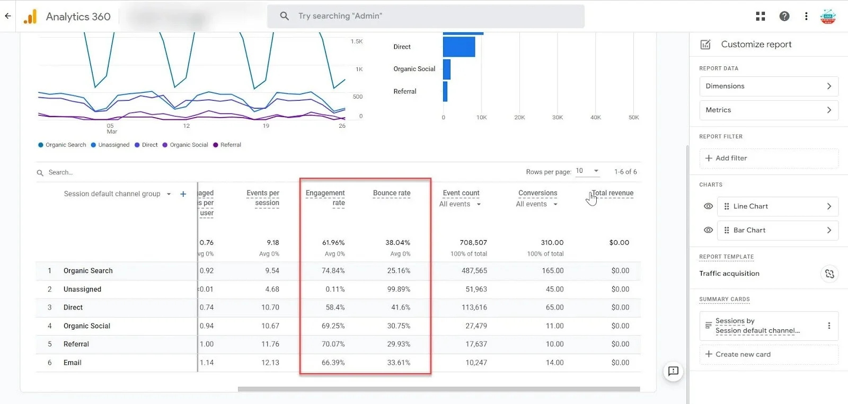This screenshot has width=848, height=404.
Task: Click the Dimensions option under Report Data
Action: tap(768, 86)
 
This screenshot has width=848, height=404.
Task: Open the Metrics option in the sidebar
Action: tap(768, 110)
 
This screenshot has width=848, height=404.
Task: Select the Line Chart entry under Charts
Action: tap(777, 206)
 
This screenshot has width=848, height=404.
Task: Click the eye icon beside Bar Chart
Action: tap(708, 230)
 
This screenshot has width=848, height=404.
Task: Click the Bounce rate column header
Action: tap(391, 193)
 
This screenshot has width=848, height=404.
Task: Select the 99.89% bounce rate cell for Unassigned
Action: tap(398, 289)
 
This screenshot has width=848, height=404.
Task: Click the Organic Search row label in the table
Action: tap(88, 270)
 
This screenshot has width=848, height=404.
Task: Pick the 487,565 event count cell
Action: tap(474, 270)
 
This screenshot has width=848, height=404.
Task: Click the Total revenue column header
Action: tap(612, 193)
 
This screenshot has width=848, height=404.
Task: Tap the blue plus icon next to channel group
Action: tap(183, 194)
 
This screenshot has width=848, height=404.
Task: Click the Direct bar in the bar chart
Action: tap(459, 47)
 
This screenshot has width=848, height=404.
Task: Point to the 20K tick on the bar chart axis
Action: tap(519, 118)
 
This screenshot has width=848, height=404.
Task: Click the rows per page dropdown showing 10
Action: tap(587, 171)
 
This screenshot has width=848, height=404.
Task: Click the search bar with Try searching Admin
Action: tap(426, 16)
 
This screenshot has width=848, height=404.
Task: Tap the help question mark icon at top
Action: tap(784, 16)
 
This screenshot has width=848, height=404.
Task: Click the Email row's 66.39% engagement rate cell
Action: tap(333, 363)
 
